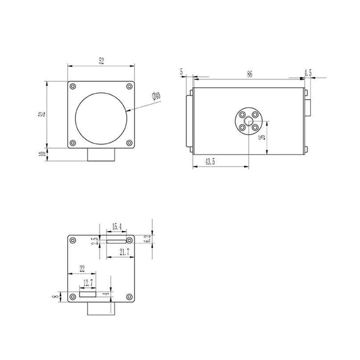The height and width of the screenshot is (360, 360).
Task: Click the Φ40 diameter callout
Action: click(x=156, y=96)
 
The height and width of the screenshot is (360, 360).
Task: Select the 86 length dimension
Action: click(x=250, y=74)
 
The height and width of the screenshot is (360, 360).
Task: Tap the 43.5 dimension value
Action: click(x=210, y=162)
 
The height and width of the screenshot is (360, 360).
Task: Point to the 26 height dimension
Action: click(x=263, y=137)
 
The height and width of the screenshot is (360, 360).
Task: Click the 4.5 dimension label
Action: click(x=308, y=73)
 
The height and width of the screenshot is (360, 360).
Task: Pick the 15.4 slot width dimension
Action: click(x=117, y=227)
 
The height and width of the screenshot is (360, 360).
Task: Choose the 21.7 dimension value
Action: click(x=124, y=252)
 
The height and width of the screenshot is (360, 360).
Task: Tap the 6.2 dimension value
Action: click(x=148, y=238)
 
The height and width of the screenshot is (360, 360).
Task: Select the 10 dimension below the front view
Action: click(x=43, y=154)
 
